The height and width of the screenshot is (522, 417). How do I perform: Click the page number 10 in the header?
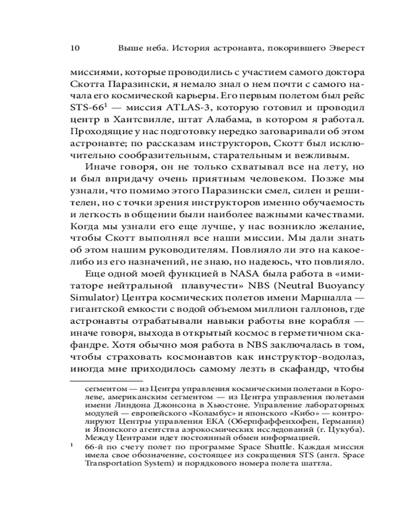pos(73,48)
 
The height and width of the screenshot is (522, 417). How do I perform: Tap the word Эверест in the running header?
pos(344,48)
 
